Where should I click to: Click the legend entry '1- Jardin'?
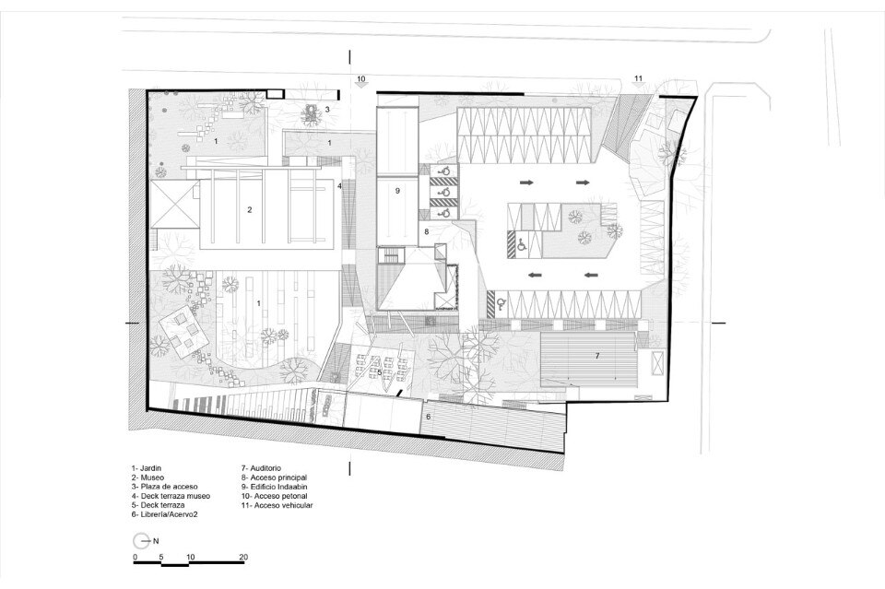147,468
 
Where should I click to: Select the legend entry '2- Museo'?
147,477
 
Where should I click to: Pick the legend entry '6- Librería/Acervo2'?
165,514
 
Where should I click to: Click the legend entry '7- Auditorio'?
261,468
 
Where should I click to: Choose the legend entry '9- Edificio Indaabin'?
275,487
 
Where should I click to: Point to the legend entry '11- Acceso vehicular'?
277,505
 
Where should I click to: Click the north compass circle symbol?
141,540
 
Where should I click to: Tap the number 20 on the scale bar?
243,557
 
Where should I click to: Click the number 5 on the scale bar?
161,557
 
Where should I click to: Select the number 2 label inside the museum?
250,210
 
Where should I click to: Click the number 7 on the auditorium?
596,356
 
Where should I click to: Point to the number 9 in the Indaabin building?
397,191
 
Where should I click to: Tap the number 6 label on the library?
428,417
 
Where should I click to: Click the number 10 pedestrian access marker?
361,78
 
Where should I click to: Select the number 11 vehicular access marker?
638,78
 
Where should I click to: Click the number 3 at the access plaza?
326,110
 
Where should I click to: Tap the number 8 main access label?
427,231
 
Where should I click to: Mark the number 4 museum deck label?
340,185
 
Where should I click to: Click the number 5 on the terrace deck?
379,372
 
